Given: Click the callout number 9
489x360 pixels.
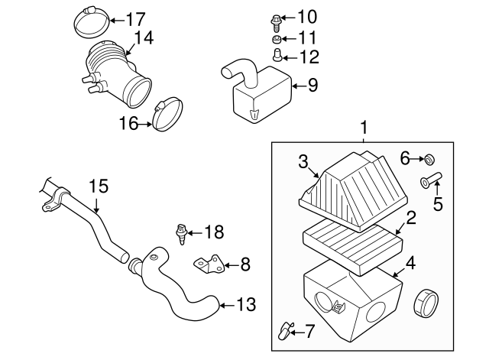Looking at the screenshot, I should [312, 86].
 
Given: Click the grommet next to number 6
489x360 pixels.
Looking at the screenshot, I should [430, 159].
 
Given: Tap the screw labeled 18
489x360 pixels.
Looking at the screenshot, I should [183, 234].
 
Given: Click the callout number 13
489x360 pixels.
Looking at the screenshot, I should [244, 305].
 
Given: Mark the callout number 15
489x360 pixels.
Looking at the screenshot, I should [99, 186].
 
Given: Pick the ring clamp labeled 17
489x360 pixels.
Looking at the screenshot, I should [90, 19].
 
